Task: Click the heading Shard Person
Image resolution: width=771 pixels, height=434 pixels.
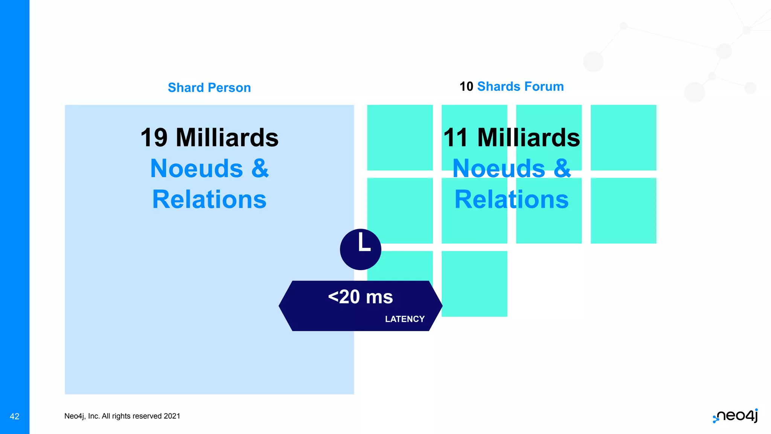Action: click(x=209, y=87)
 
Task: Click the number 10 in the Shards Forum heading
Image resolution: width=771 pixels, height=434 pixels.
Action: click(x=466, y=87)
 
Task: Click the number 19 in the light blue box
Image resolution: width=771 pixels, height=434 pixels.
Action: click(x=154, y=138)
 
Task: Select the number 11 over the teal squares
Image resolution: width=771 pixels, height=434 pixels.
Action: click(x=456, y=138)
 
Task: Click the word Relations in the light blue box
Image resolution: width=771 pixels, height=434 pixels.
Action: click(x=209, y=199)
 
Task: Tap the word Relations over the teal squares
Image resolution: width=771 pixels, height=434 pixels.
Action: click(x=511, y=199)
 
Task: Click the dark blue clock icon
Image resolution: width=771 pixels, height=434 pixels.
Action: click(x=360, y=249)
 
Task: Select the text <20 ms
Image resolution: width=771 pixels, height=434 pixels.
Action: click(x=360, y=297)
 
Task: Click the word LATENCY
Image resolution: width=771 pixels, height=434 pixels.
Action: click(x=405, y=319)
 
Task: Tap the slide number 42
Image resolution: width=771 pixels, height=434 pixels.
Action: click(x=14, y=416)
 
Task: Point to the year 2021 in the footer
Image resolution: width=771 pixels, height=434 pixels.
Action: click(x=172, y=416)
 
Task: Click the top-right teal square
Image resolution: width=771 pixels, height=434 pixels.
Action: click(x=623, y=138)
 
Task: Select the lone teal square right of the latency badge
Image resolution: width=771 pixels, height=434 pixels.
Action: click(x=474, y=284)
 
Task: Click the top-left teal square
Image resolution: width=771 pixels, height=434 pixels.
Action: click(x=399, y=138)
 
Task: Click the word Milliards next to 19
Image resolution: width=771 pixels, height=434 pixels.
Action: click(x=227, y=138)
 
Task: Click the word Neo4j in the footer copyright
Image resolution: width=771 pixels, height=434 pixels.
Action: click(x=74, y=416)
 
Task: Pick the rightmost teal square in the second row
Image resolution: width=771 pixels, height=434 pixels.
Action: click(x=623, y=211)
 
